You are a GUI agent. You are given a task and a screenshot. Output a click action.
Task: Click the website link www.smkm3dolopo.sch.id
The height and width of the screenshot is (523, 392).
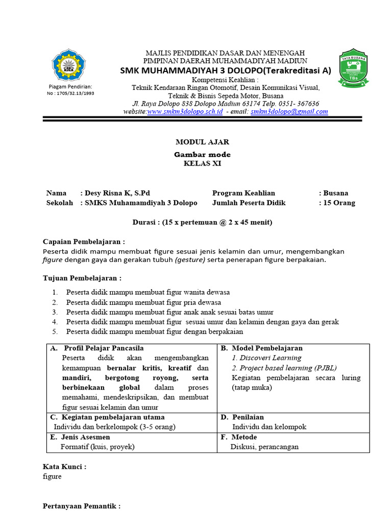point(185,111)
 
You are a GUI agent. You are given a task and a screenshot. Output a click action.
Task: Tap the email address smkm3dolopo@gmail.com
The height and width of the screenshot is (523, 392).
point(289,111)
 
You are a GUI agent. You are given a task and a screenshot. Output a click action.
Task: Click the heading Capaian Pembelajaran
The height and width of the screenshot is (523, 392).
point(84,242)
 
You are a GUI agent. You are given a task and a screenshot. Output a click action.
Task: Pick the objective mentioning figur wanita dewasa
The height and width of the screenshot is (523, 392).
point(148,292)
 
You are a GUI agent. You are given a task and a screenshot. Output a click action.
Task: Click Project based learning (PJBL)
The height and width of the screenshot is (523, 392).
point(284,368)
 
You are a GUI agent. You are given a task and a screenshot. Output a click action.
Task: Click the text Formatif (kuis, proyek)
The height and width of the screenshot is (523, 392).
point(97,447)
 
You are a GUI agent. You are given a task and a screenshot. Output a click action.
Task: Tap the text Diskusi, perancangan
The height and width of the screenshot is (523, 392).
point(265,447)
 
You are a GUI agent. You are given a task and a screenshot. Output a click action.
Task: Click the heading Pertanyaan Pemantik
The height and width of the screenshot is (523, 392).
point(82,506)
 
